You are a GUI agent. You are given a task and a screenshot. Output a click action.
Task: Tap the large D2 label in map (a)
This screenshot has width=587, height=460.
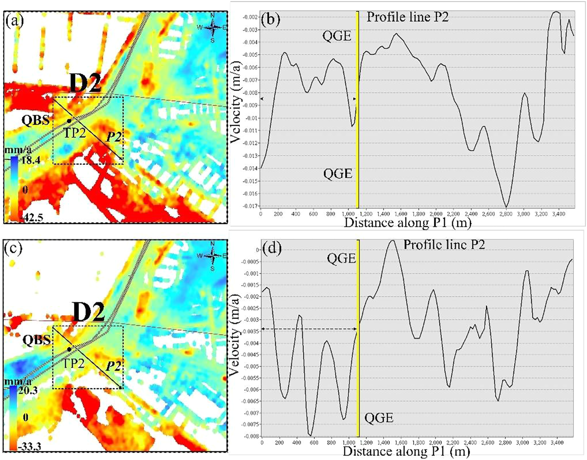85,84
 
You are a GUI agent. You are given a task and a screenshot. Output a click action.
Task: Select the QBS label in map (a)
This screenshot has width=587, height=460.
36,120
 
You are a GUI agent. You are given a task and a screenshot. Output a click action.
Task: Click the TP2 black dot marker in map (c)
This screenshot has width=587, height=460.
70,349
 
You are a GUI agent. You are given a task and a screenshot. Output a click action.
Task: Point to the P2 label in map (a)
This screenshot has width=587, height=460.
114,137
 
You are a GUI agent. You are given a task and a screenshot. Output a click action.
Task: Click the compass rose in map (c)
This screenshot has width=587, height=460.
213,256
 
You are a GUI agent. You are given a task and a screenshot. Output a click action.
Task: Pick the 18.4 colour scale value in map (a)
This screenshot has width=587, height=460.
30,160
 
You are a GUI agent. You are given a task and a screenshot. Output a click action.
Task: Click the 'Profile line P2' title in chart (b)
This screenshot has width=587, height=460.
407,17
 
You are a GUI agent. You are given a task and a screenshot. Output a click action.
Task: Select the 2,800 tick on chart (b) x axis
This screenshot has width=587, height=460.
506,214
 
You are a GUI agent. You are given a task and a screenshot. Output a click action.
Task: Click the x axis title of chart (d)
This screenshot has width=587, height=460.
406,451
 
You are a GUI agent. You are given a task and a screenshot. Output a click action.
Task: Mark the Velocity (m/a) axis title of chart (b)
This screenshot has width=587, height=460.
236,102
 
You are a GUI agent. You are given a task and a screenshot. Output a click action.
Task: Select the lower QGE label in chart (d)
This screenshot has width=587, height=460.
379,418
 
